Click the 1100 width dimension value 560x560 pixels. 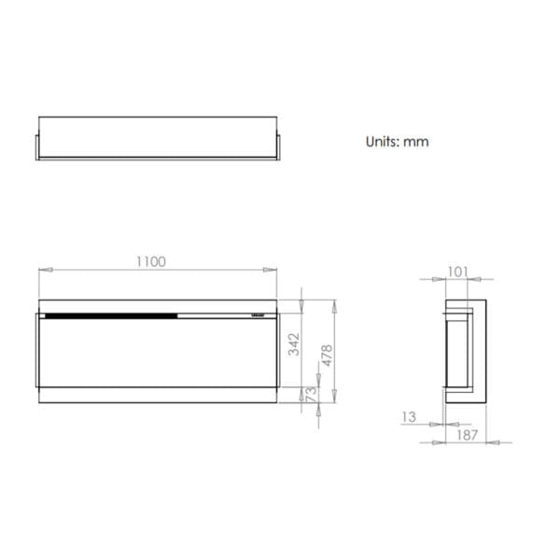point(151,261)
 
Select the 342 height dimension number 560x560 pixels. point(295,344)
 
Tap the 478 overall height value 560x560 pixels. point(327,355)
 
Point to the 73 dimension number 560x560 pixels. point(311,395)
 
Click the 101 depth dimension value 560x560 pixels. point(457,272)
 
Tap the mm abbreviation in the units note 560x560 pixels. point(416,143)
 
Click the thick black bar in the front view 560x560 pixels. point(110,315)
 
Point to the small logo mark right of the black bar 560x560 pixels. point(259,315)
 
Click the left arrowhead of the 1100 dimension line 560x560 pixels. point(42,271)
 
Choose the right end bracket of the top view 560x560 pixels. point(277,147)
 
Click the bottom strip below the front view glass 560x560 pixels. point(157,396)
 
